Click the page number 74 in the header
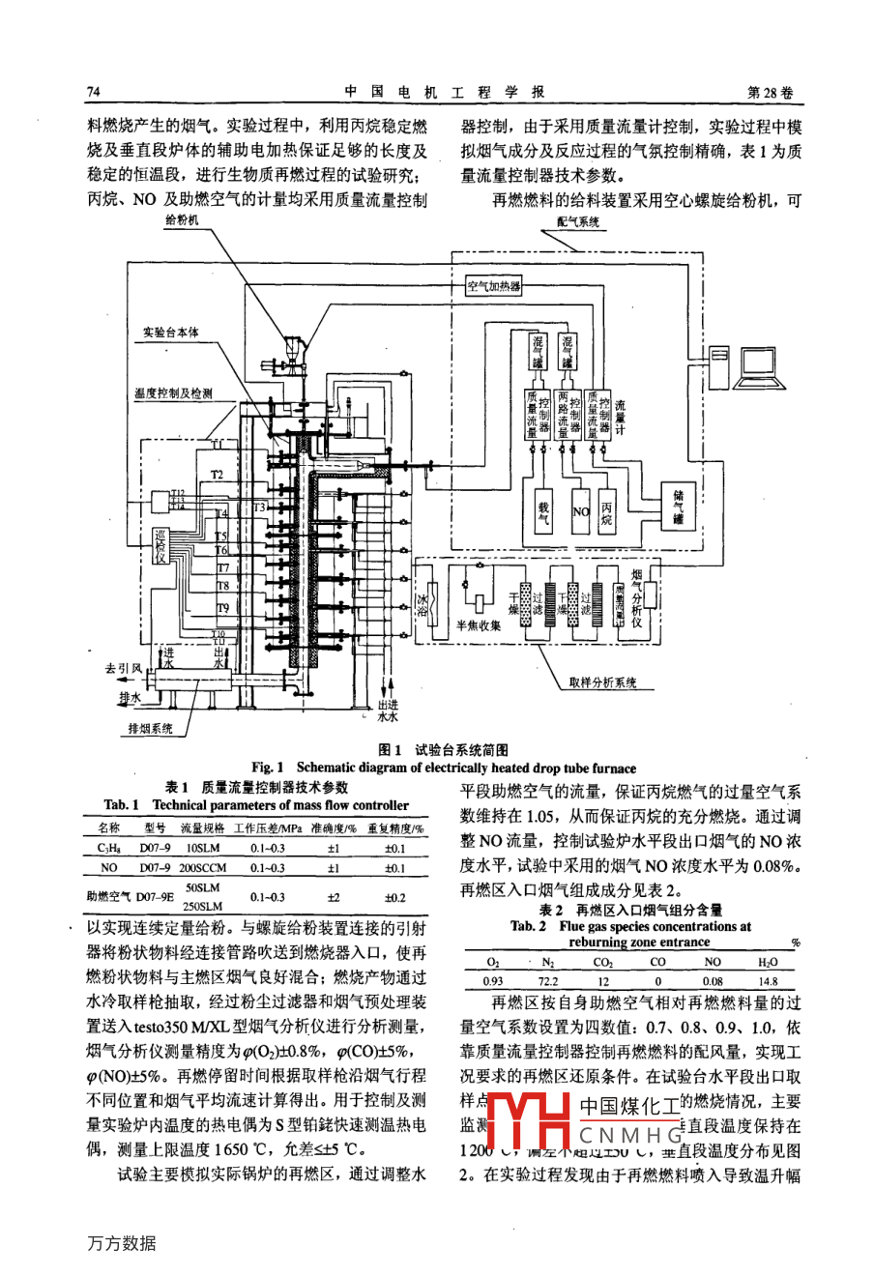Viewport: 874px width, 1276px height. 94,92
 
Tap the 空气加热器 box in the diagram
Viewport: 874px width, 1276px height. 493,287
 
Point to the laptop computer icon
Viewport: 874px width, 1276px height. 761,363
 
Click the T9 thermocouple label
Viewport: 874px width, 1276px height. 222,607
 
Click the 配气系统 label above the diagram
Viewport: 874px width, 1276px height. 578,221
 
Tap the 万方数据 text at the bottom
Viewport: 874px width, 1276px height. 120,1243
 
